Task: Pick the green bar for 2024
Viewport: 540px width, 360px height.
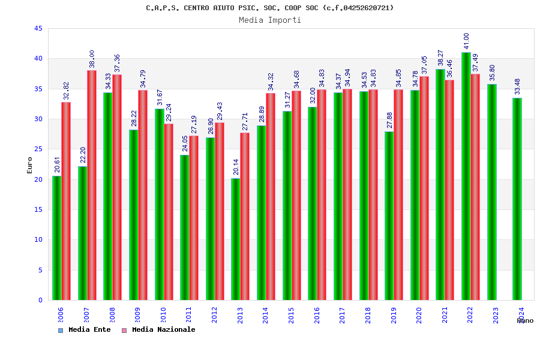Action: (517, 199)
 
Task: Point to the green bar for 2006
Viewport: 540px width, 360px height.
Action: (56, 238)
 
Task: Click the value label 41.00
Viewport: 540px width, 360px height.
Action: (466, 42)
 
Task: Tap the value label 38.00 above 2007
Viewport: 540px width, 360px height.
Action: (92, 59)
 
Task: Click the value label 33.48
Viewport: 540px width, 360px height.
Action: (517, 88)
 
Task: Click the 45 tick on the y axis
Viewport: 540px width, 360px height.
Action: (38, 29)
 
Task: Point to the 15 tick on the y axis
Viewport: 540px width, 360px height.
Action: (38, 210)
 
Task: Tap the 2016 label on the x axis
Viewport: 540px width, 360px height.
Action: (317, 316)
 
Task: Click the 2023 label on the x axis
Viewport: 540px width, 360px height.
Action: (496, 316)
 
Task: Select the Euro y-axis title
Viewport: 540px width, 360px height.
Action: (30, 165)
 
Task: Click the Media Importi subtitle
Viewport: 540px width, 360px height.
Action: (270, 20)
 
